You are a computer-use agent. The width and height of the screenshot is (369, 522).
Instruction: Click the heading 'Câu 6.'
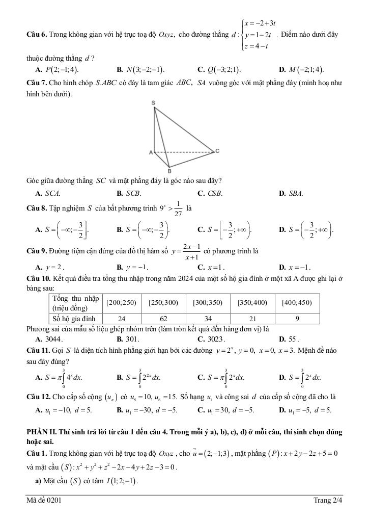point(37,35)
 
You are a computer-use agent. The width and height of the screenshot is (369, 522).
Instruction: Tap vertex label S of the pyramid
point(153,103)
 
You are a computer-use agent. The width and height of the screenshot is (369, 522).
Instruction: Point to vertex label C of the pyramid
point(217,151)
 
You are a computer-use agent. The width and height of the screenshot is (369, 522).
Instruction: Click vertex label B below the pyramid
point(169,171)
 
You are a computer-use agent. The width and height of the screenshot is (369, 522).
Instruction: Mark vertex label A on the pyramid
point(151,152)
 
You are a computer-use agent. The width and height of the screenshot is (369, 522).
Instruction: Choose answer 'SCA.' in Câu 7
point(52,194)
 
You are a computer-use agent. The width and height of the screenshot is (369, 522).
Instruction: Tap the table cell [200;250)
point(121,302)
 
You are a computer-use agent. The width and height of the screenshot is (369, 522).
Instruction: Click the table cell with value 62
point(163,319)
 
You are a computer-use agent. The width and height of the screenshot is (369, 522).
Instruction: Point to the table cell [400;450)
point(297,302)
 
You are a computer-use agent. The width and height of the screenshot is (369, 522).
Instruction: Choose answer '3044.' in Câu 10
point(53,338)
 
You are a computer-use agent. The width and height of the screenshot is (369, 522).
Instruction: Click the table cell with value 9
point(297,319)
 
